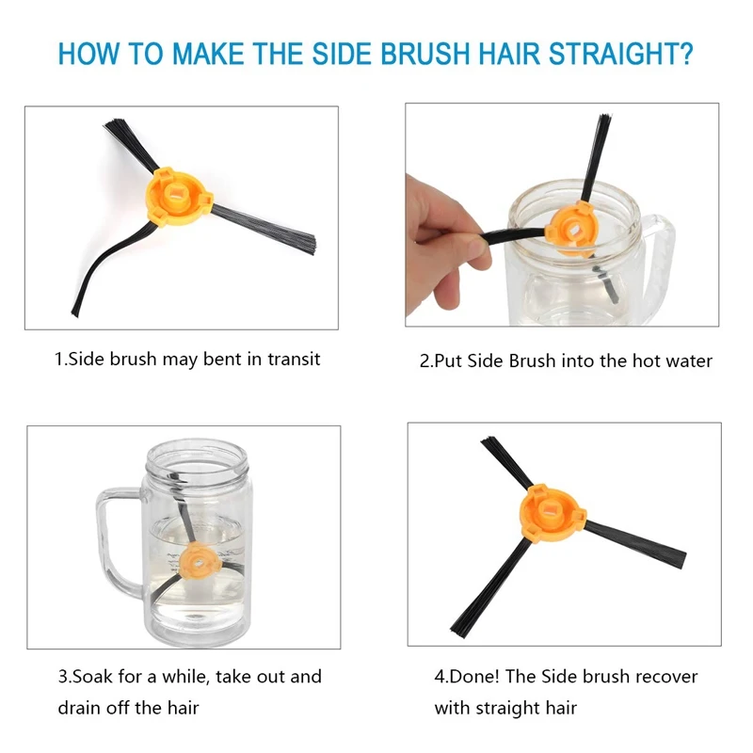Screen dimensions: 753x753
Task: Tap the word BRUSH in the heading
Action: tap(426, 54)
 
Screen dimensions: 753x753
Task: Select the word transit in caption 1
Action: tap(294, 360)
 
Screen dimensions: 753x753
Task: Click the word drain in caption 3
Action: tap(79, 708)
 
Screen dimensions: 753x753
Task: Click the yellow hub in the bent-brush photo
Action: tap(178, 196)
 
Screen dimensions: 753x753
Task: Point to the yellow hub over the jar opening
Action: tap(572, 229)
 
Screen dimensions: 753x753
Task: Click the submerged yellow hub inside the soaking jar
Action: tap(200, 563)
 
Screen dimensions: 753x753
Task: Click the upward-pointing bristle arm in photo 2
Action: tap(596, 158)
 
